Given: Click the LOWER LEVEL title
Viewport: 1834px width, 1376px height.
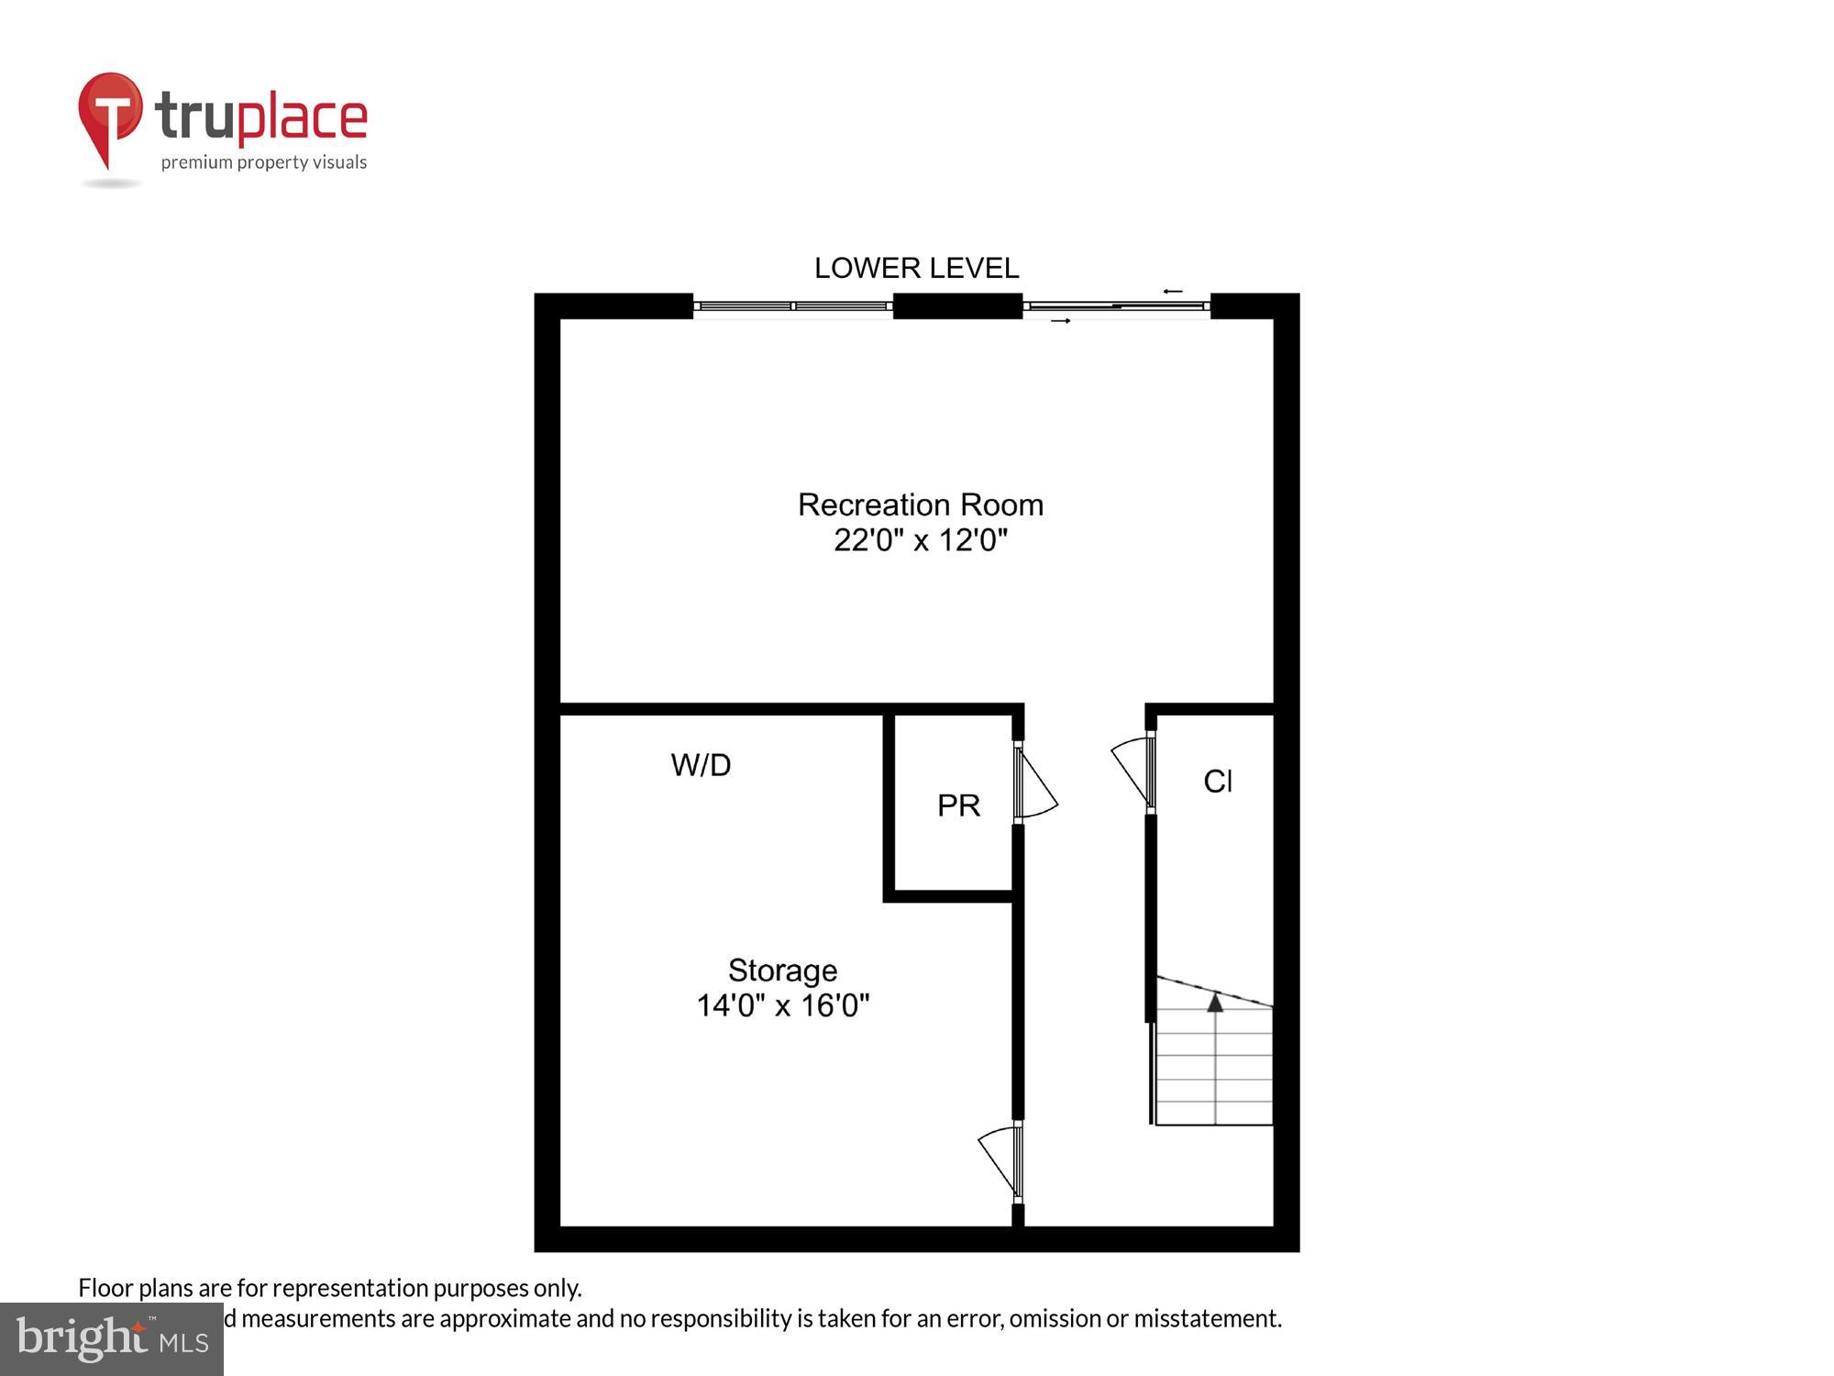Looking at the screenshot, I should (x=916, y=268).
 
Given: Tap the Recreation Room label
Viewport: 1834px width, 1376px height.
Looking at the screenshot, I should (x=920, y=505).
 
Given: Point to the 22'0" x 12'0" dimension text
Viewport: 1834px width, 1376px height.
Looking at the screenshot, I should (x=920, y=540).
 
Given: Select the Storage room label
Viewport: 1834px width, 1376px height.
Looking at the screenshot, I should (x=782, y=971).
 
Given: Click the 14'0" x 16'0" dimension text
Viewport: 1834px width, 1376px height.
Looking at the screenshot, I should (x=782, y=1006).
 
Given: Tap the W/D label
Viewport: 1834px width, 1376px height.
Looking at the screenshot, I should (x=701, y=765).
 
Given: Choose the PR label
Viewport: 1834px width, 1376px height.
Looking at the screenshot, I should (x=958, y=805).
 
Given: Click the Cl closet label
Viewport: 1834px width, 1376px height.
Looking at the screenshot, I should (x=1217, y=782).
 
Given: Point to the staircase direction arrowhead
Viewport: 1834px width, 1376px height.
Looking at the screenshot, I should (x=1215, y=1003).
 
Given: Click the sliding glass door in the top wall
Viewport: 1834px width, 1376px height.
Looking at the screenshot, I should (x=1116, y=306).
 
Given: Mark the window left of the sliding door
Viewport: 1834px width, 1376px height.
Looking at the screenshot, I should (x=792, y=306).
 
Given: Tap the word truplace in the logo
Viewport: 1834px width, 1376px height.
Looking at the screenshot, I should (x=261, y=117).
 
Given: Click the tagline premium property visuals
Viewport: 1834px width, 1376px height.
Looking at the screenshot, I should (x=264, y=163).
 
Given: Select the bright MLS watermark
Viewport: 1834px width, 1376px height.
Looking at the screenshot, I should (x=112, y=1338).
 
